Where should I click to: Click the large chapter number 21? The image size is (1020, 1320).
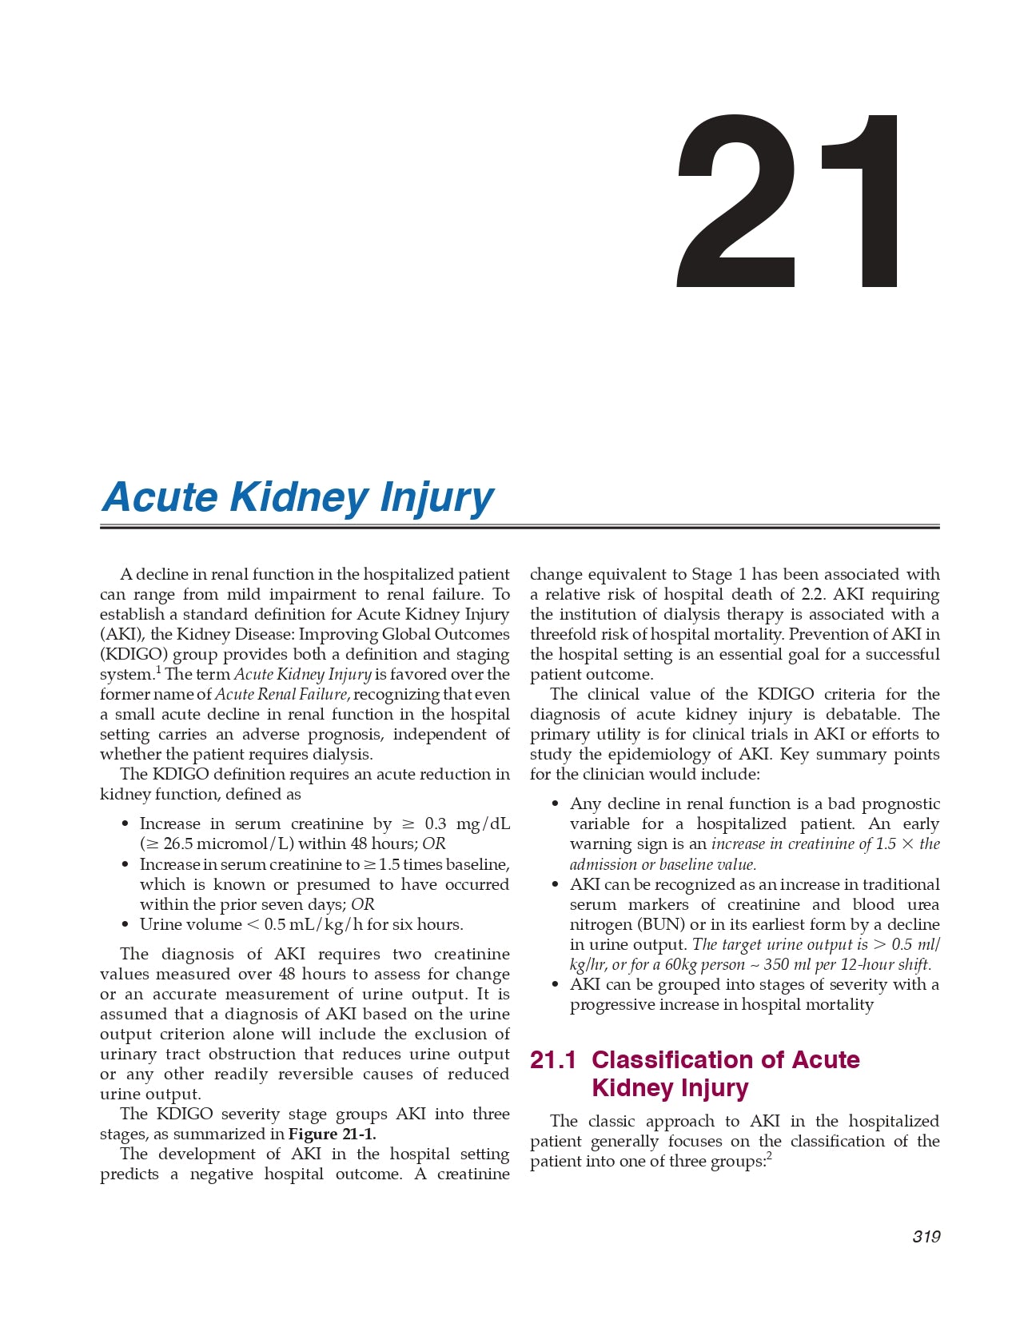pyautogui.click(x=788, y=201)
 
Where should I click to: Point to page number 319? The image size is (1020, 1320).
pyautogui.click(x=926, y=1237)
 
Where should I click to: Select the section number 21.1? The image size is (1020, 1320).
pyautogui.click(x=552, y=1060)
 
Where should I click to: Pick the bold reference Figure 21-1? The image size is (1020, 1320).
pyautogui.click(x=332, y=1135)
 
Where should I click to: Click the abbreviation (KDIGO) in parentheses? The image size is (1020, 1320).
pyautogui.click(x=133, y=655)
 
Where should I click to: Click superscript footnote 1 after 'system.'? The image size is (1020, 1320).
pyautogui.click(x=158, y=670)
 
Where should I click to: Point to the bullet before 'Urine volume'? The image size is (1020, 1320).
pyautogui.click(x=125, y=925)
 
